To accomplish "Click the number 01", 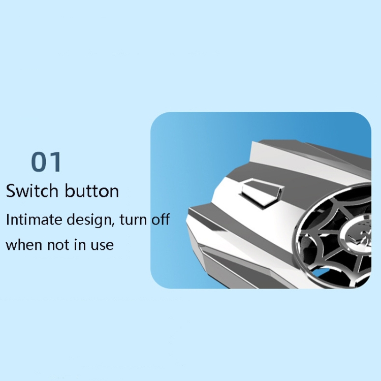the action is (46, 162).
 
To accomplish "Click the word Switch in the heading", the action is (32, 190).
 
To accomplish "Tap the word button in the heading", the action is (92, 190).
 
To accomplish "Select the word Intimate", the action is (34, 219).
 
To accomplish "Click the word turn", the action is (133, 219).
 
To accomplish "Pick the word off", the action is (161, 219).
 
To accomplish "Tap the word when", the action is (24, 244).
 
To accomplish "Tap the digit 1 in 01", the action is (56, 162).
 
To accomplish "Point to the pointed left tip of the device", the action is (187, 220).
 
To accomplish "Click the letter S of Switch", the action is (11, 190).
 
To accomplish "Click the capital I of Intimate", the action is (8, 219).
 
